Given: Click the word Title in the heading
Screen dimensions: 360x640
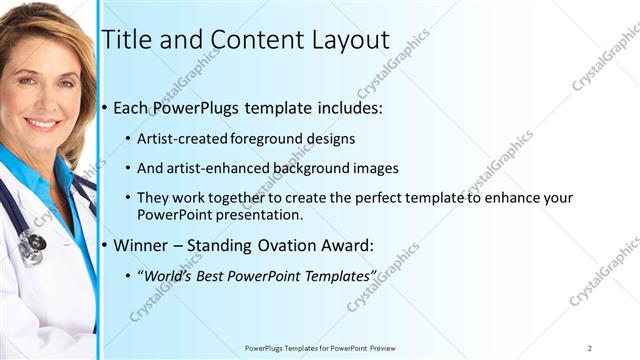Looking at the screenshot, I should [127, 41].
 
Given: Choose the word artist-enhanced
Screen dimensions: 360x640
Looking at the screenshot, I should [218, 168].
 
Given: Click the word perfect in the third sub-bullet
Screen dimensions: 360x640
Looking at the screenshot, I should [393, 199].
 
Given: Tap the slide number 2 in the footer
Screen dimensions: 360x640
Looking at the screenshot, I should [590, 348].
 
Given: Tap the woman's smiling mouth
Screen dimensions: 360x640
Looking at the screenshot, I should [42, 124].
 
